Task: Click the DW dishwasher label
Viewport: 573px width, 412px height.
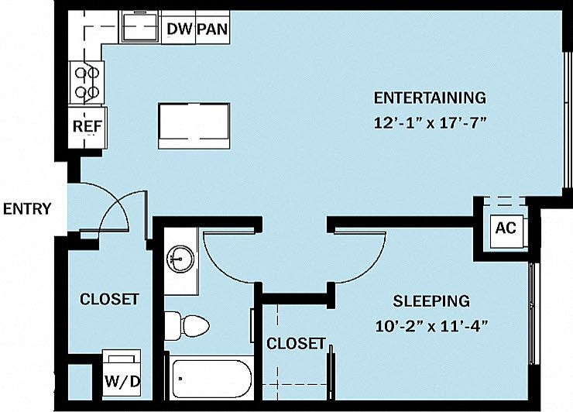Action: point(179,29)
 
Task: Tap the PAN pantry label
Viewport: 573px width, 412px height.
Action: point(212,29)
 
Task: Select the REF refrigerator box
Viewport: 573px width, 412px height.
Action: point(87,128)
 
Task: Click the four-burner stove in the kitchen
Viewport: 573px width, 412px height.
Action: point(87,83)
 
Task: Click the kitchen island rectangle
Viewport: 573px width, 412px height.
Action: point(194,125)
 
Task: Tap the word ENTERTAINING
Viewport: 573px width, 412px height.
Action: point(430,98)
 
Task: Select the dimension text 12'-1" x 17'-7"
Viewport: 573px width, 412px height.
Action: point(431,123)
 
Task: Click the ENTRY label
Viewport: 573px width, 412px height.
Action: point(27,209)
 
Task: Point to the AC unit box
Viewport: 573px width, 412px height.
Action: point(506,228)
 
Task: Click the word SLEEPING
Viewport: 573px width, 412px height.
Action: point(431,300)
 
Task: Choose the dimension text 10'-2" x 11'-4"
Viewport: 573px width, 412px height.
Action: point(431,326)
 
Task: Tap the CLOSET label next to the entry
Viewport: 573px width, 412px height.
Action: point(109,299)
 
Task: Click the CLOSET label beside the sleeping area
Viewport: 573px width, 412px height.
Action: point(296,343)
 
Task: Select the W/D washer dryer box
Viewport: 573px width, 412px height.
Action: point(122,373)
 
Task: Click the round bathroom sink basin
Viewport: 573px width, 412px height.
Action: point(180,258)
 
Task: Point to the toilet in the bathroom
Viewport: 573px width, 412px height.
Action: point(187,325)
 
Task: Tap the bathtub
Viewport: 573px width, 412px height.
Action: point(211,379)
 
